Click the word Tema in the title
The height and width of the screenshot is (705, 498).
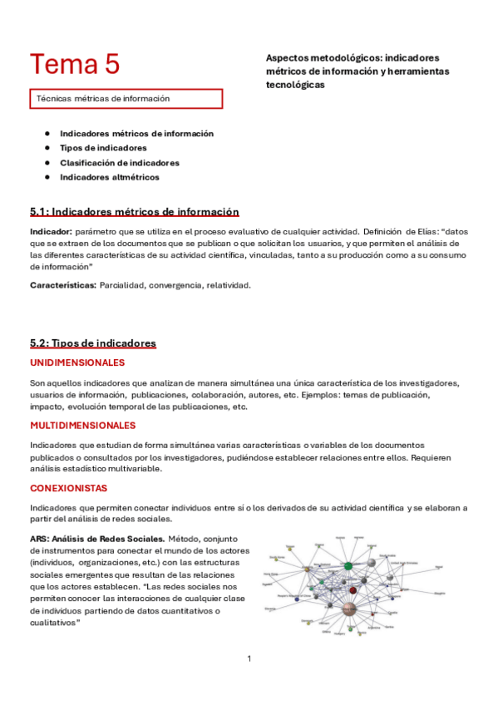[63, 64]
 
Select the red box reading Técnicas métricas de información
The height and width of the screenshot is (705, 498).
[126, 98]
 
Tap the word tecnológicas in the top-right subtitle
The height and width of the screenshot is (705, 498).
[295, 85]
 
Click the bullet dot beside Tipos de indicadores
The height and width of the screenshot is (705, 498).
[48, 148]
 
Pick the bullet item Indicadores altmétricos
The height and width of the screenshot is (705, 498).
[109, 177]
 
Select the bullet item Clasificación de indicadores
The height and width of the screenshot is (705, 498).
[119, 163]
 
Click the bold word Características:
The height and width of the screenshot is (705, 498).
[63, 285]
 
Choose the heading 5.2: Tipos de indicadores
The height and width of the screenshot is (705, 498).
[92, 343]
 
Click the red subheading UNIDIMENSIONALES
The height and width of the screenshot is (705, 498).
[77, 363]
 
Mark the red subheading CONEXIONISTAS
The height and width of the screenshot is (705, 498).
[68, 488]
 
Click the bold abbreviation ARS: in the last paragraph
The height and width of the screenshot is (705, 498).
[40, 539]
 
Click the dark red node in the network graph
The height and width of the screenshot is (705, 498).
[353, 590]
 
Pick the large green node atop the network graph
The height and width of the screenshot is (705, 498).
[348, 566]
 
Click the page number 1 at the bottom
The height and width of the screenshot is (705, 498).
[249, 659]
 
